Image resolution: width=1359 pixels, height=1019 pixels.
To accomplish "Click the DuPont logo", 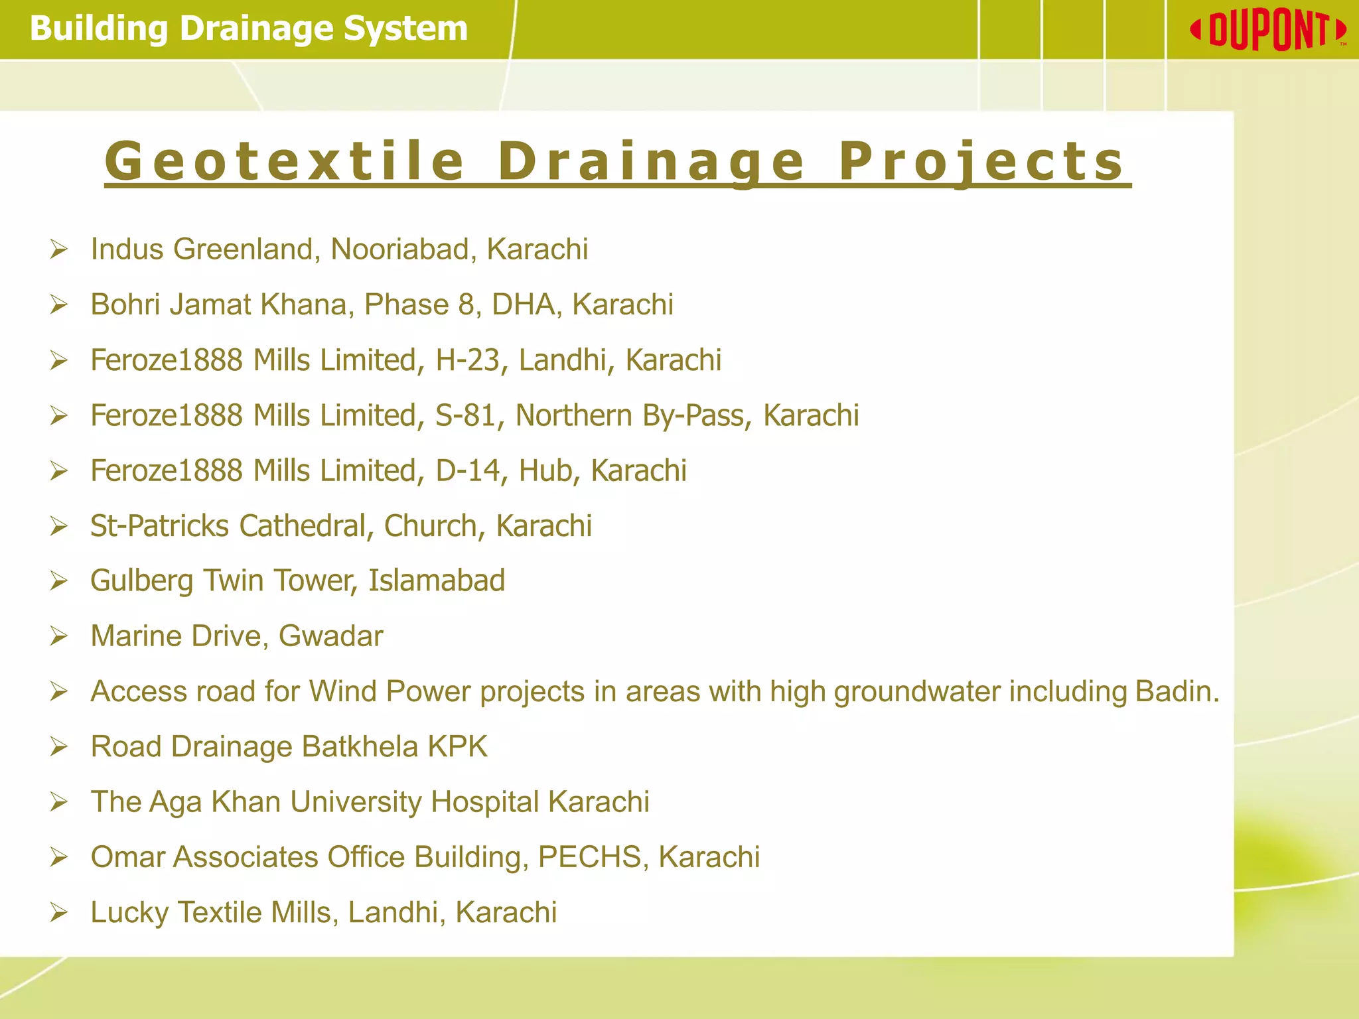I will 1268,31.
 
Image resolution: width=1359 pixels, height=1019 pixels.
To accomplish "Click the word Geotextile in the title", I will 285,161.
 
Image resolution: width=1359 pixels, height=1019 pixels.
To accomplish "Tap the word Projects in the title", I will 981,161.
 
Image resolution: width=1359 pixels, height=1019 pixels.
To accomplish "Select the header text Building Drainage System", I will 249,29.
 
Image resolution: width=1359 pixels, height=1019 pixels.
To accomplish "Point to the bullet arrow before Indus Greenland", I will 59,250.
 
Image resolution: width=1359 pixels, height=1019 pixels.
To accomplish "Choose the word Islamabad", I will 437,580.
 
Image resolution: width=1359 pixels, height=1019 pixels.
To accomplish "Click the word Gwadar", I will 330,636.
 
